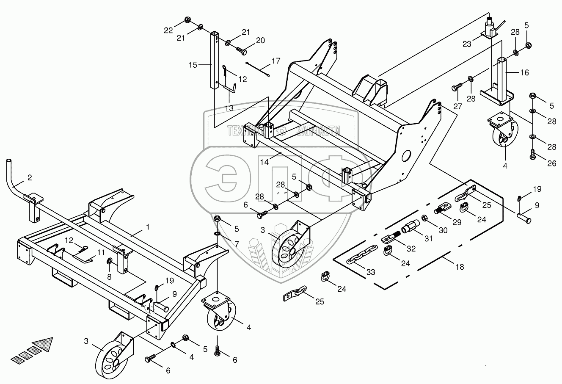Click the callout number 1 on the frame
pos(147,227)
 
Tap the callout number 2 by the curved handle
pos(29,178)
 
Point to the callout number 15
pos(193,65)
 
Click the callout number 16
pos(524,73)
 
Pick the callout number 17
pos(275,61)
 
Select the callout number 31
pos(429,239)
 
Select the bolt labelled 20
pos(242,50)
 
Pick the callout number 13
pos(229,108)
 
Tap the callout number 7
pos(237,244)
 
